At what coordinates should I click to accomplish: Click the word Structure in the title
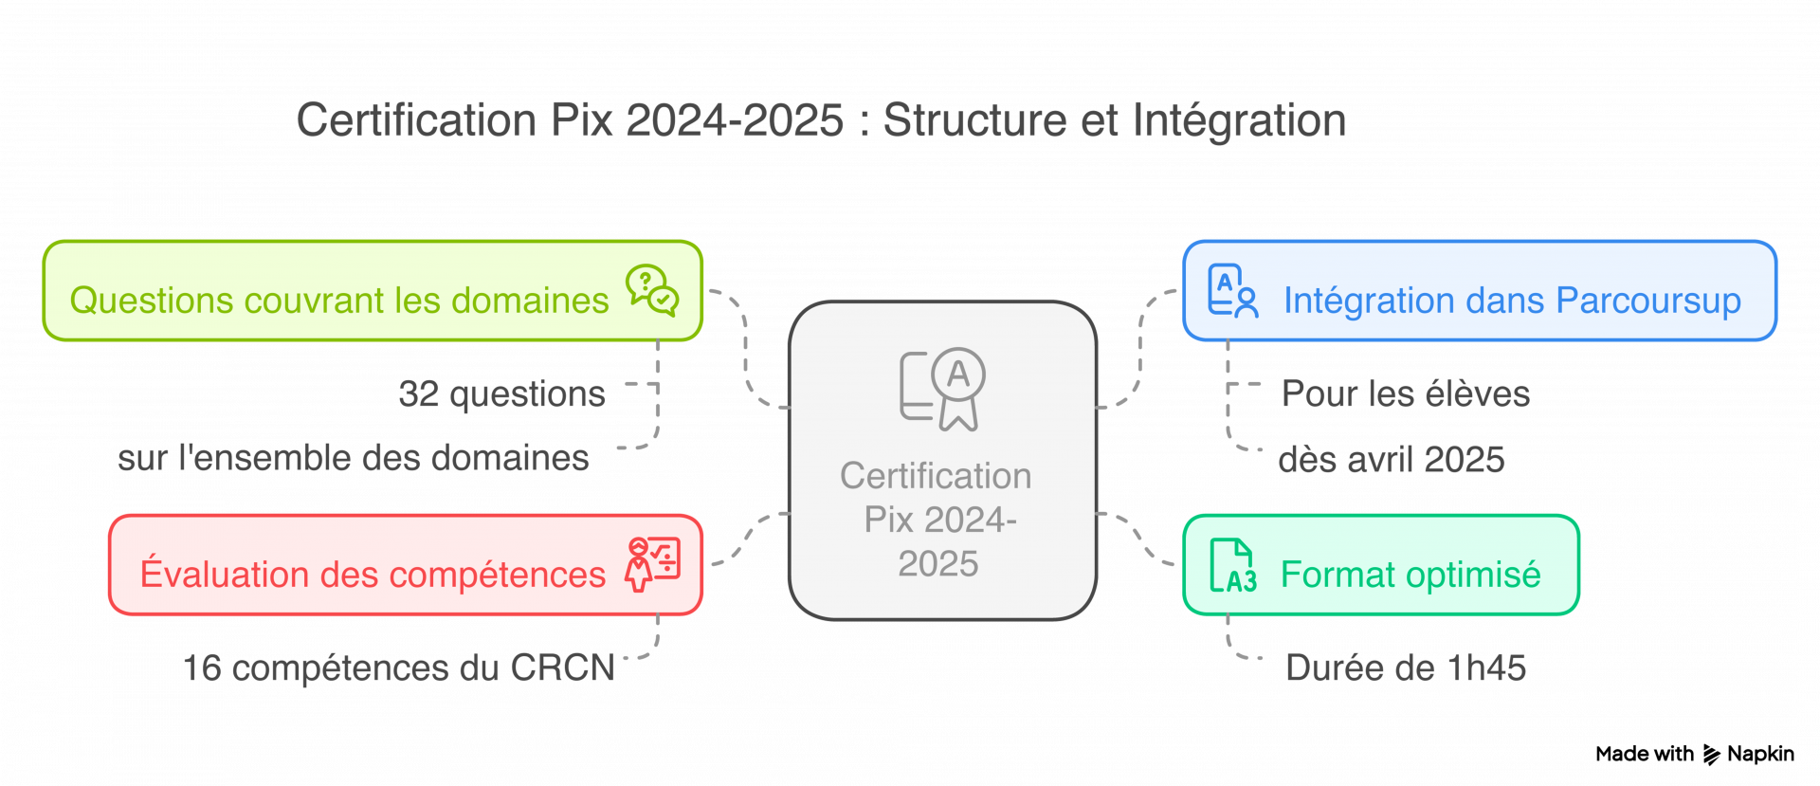974,120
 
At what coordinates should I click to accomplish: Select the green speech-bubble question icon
651,289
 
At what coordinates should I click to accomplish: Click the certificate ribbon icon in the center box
943,388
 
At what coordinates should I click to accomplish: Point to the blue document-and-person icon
1232,290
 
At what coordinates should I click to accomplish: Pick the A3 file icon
1232,565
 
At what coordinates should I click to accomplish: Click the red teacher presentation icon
652,564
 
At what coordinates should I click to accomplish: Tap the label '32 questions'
501,393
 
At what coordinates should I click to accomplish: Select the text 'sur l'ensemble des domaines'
353,458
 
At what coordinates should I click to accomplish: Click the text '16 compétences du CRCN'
398,667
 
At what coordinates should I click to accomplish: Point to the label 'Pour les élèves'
1405,393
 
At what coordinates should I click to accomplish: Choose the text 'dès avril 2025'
1391,460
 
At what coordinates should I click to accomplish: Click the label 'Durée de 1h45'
1405,667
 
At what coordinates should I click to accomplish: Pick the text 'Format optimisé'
1410,575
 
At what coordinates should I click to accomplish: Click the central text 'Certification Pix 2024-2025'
937,519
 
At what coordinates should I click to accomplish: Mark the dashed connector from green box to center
746,351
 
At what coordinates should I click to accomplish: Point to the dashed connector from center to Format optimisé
1139,539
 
